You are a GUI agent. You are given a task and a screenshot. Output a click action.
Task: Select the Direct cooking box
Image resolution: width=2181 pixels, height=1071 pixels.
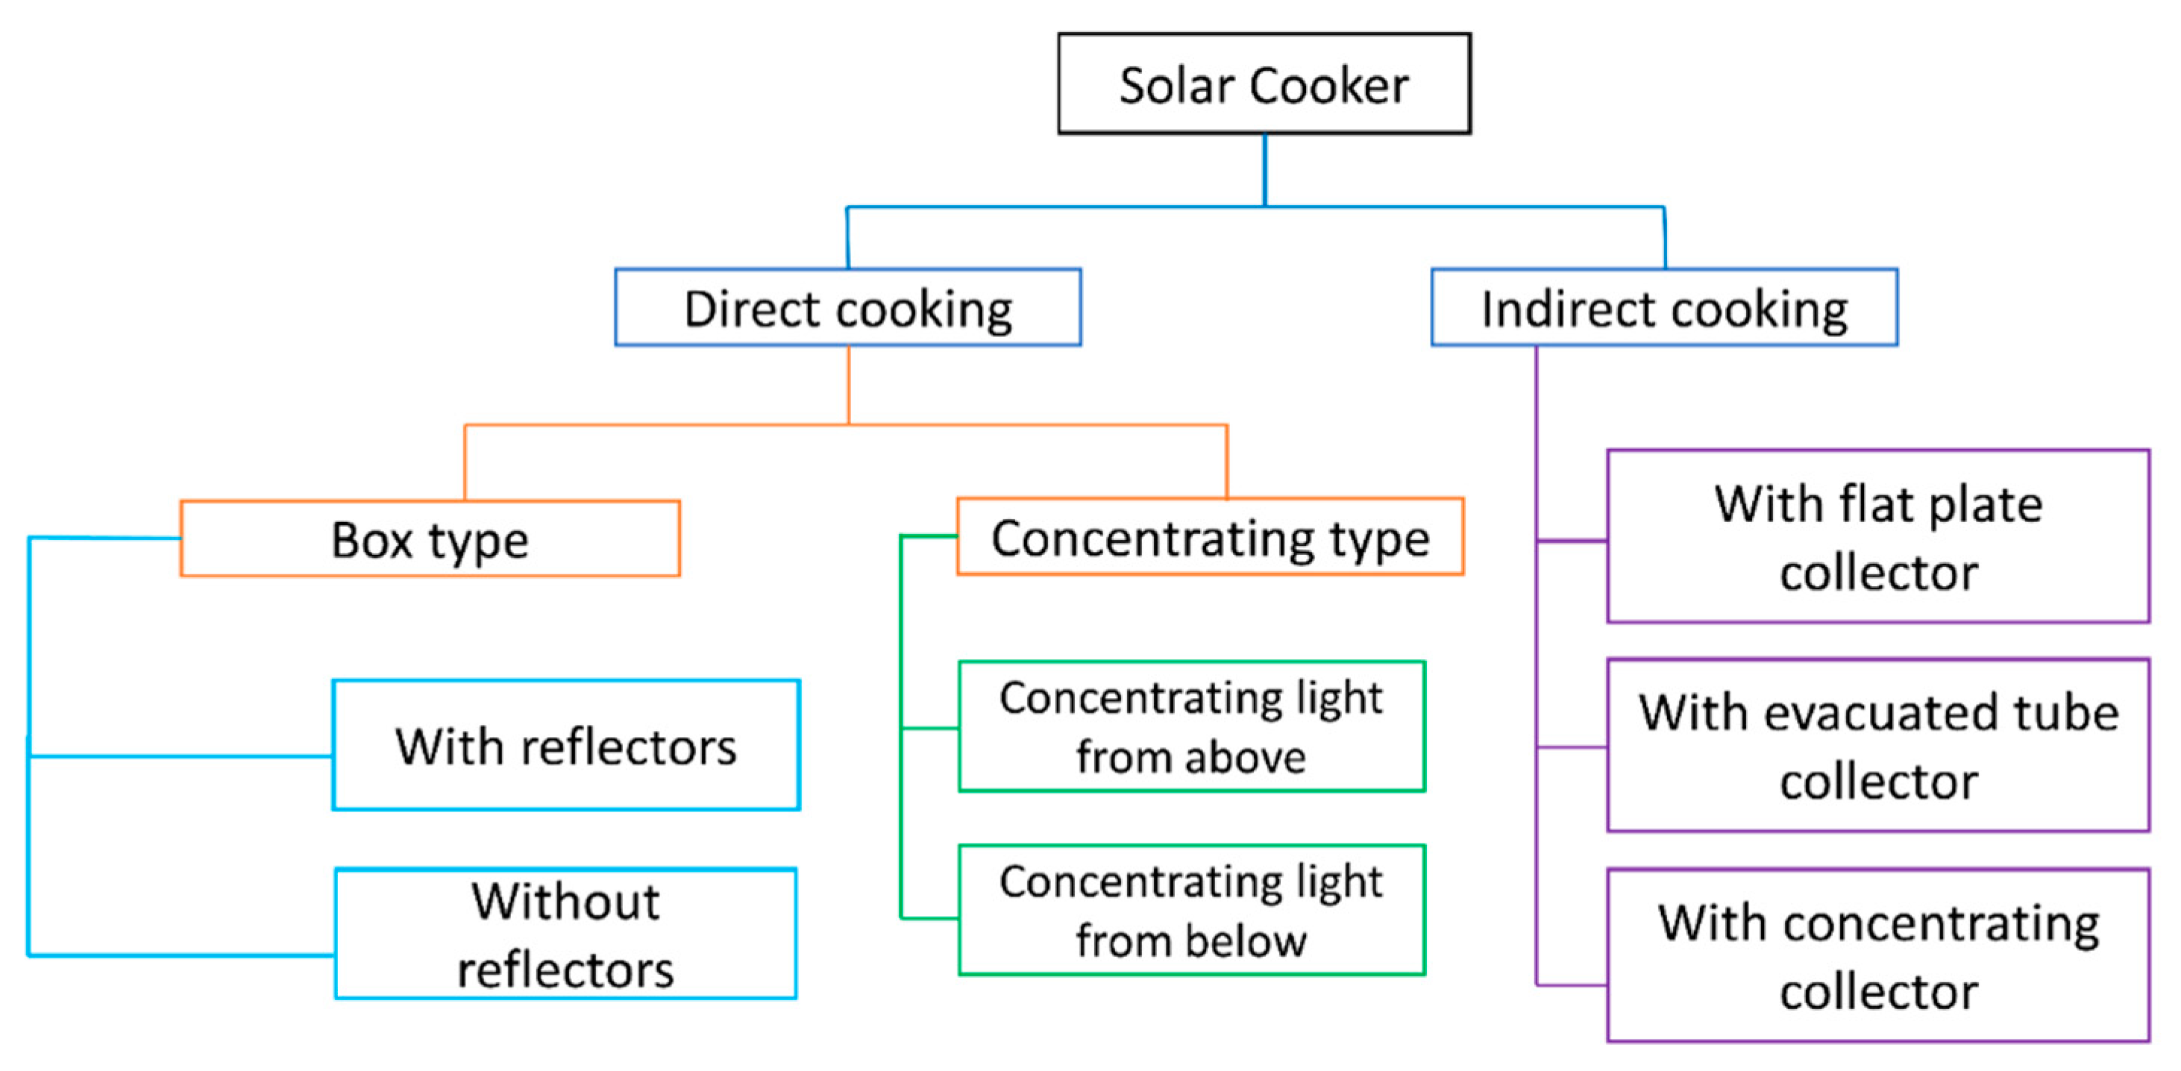coord(847,307)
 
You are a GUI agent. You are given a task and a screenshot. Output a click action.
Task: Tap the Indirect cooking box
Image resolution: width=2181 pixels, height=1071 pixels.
coord(1663,307)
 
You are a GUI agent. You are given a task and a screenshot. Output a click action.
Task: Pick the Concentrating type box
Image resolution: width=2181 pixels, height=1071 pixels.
coord(1210,538)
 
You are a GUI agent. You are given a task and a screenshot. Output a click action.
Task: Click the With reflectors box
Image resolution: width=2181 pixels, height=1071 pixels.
coord(565,745)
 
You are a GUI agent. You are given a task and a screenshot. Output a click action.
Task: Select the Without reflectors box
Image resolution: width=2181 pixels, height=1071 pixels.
coord(565,934)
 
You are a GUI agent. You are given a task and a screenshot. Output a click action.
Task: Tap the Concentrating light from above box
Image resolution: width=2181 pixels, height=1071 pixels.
coord(1191,726)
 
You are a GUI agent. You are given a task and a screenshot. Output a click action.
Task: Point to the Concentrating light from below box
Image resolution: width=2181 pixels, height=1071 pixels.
coord(1191,910)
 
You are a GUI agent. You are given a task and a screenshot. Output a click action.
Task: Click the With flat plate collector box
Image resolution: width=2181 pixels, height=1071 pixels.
coord(1878,537)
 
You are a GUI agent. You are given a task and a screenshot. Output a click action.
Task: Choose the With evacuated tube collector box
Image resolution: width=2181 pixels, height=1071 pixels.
coord(1878,745)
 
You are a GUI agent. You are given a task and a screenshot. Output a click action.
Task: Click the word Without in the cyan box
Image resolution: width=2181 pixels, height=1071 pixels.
coord(565,901)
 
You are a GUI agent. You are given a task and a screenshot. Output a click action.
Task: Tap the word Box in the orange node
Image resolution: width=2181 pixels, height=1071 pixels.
coord(371,540)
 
